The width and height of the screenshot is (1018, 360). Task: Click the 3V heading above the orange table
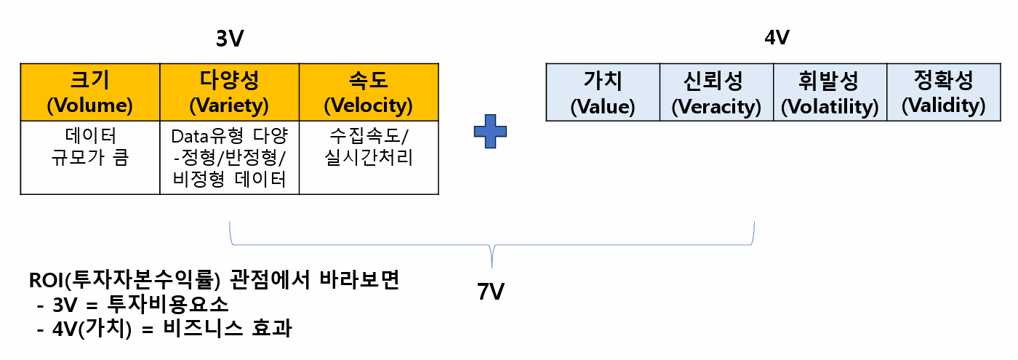pyautogui.click(x=229, y=39)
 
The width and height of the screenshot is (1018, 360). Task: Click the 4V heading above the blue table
pyautogui.click(x=777, y=38)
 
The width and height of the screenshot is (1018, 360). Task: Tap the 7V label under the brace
pyautogui.click(x=491, y=292)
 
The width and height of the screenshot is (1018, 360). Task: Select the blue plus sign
pyautogui.click(x=490, y=132)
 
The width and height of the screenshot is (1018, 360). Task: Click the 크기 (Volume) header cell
pyautogui.click(x=89, y=92)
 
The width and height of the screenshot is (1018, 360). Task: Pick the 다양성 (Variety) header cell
pyautogui.click(x=229, y=92)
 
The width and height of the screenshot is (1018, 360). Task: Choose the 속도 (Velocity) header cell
pyautogui.click(x=368, y=92)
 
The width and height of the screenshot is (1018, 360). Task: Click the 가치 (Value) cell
pyautogui.click(x=603, y=92)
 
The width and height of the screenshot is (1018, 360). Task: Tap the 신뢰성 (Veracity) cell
pyautogui.click(x=716, y=92)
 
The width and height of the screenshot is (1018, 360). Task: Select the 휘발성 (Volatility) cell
pyautogui.click(x=830, y=92)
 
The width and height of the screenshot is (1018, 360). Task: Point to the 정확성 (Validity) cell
pyautogui.click(x=943, y=92)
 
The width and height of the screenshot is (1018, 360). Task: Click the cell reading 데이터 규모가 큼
pyautogui.click(x=89, y=148)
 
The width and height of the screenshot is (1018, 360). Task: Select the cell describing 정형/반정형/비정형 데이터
pyautogui.click(x=229, y=158)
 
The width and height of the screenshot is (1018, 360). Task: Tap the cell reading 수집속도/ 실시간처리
pyautogui.click(x=368, y=148)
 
